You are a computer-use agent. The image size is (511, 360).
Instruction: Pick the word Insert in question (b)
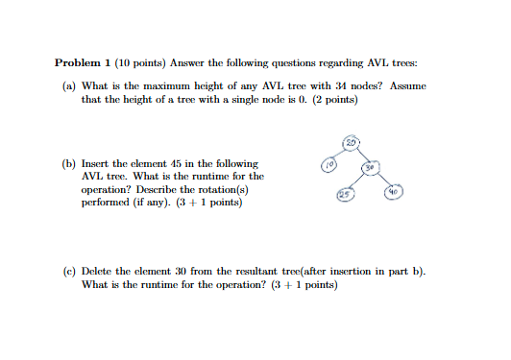(x=97, y=164)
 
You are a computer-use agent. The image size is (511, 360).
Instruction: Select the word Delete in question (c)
(x=99, y=272)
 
